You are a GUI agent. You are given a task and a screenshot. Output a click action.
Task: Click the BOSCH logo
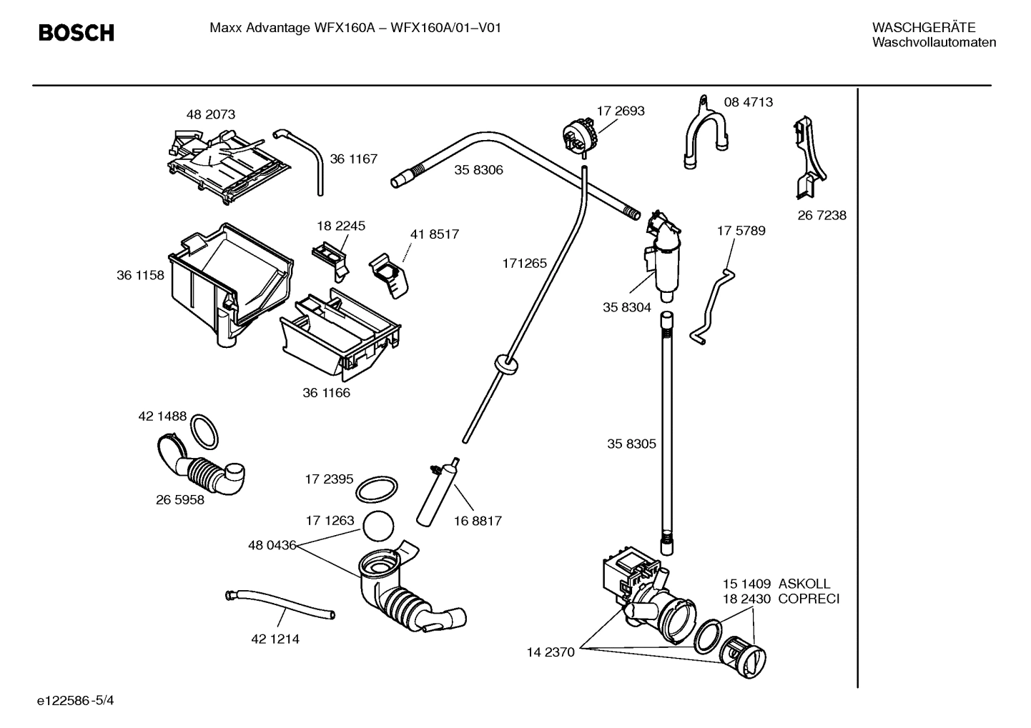[x=76, y=33]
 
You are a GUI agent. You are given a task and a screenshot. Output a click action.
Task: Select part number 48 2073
[x=210, y=114]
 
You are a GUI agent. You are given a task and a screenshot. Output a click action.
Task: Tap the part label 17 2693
[x=620, y=111]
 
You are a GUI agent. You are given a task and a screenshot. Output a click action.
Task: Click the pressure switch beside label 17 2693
[x=578, y=135]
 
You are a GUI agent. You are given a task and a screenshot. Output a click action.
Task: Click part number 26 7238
[x=822, y=215]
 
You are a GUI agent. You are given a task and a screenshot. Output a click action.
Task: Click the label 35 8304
[x=626, y=307]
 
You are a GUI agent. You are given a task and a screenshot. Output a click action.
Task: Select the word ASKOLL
[x=804, y=584]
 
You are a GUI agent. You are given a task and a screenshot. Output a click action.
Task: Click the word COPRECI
[x=808, y=599]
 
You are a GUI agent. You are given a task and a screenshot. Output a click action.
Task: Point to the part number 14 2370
[x=551, y=652]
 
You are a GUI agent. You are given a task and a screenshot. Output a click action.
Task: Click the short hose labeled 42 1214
[x=280, y=604]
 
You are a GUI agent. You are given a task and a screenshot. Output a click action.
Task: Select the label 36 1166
[x=326, y=393]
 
